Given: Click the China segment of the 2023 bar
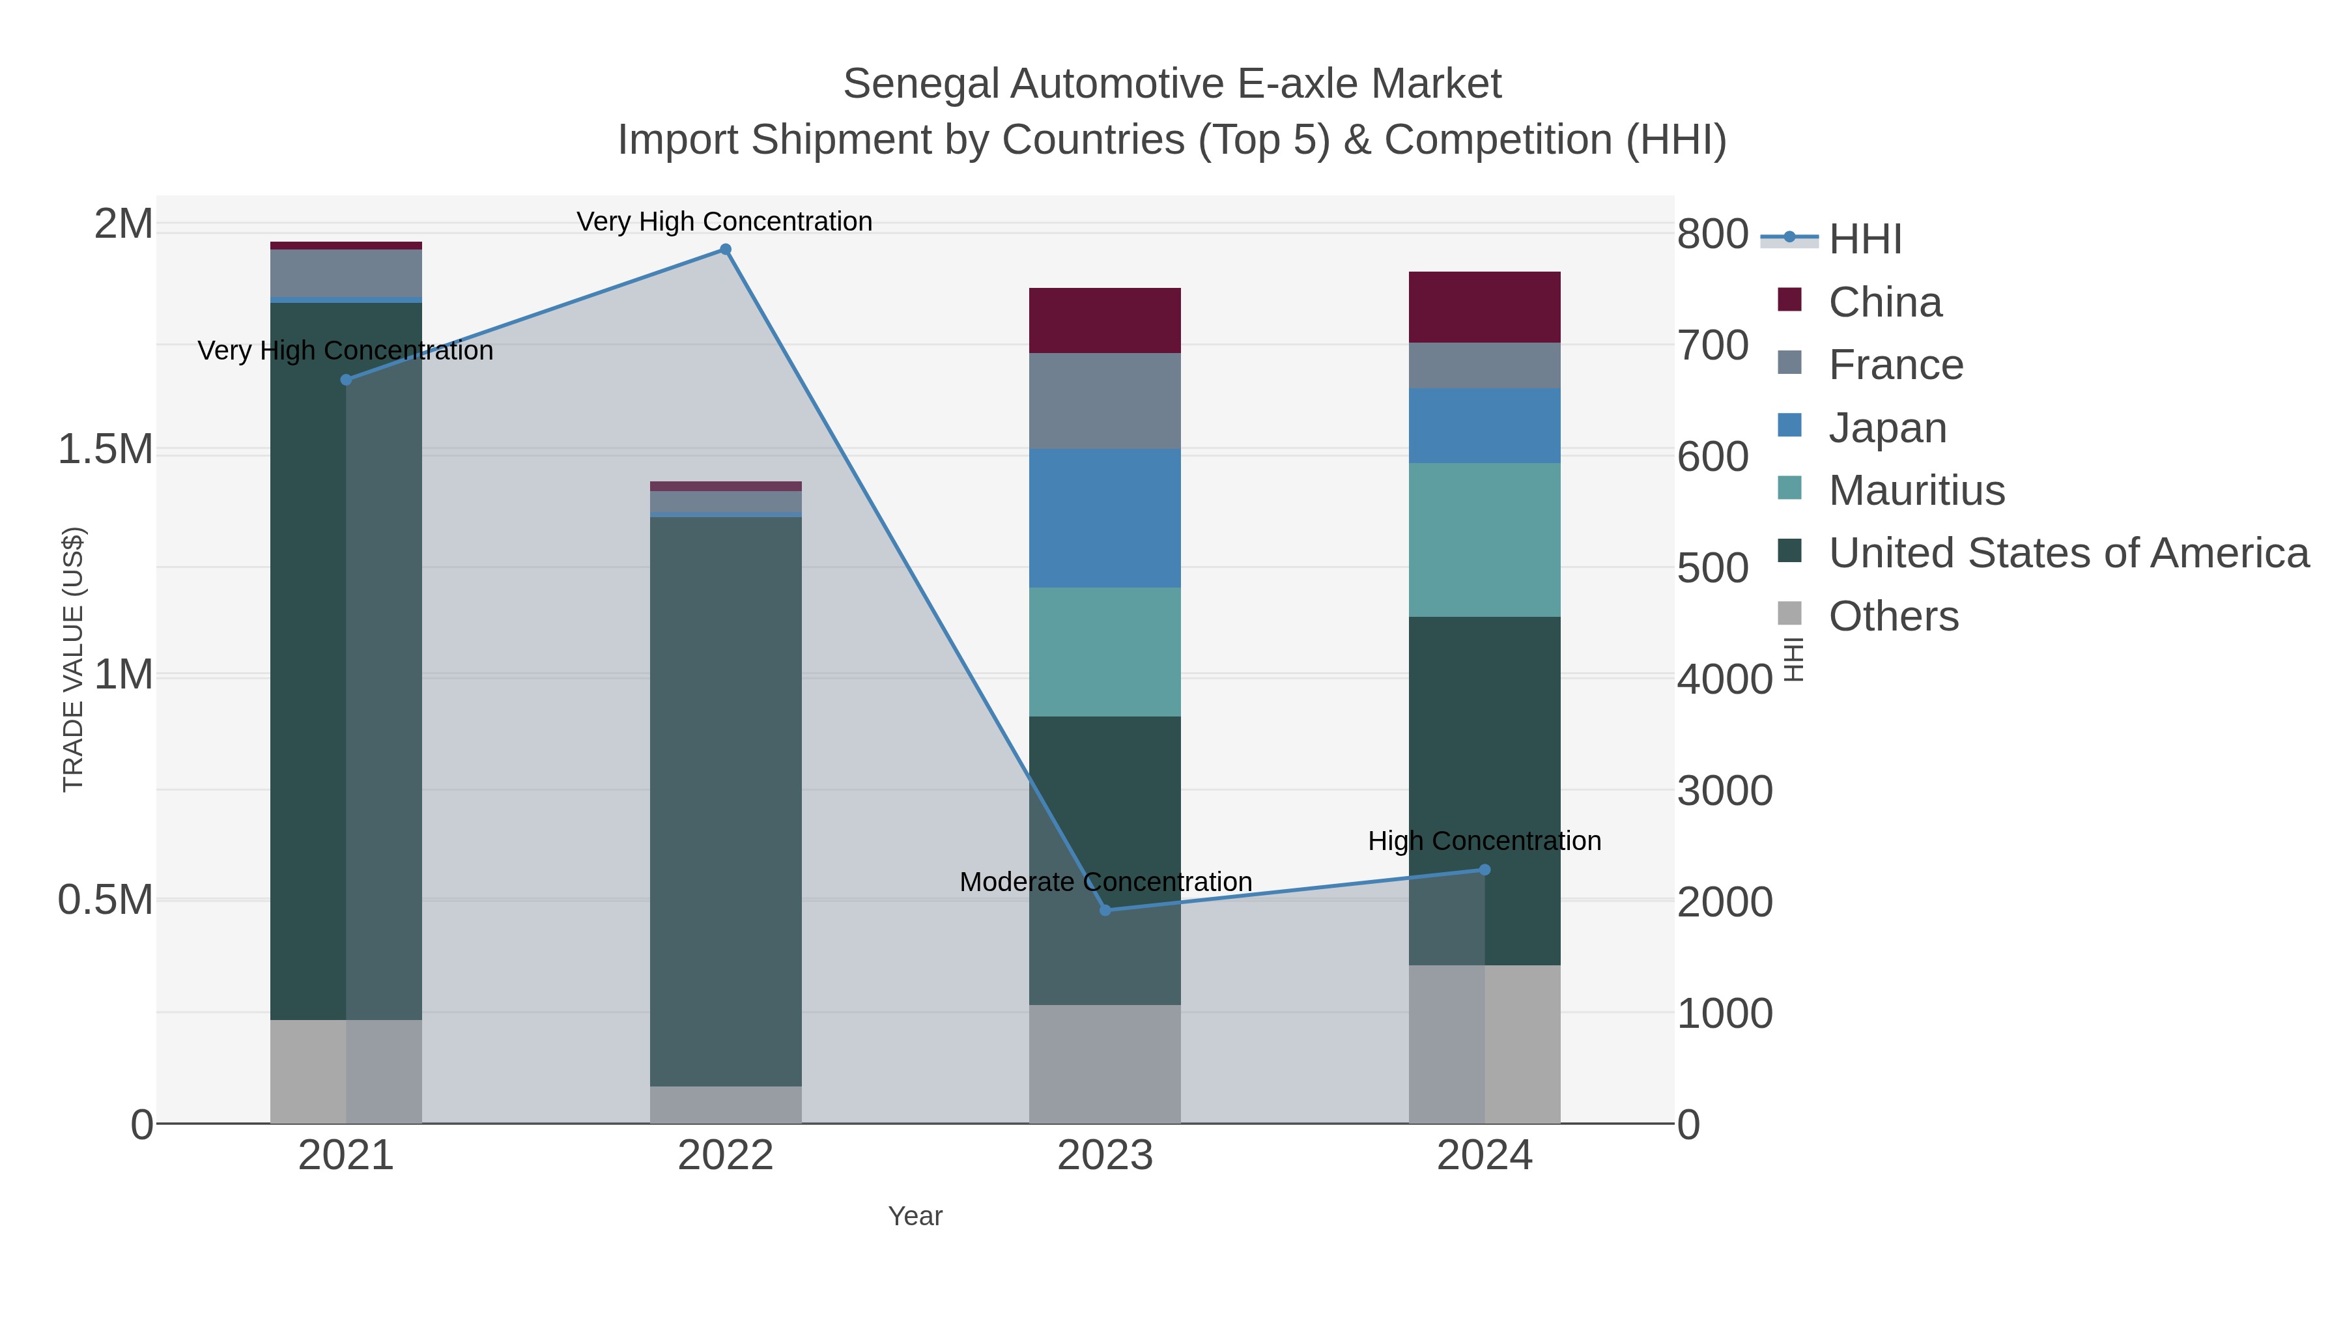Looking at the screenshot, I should (1104, 320).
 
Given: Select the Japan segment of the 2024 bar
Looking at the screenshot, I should (1484, 425).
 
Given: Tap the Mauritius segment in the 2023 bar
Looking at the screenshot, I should (1104, 652).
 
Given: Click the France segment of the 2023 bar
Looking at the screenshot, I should (1104, 401).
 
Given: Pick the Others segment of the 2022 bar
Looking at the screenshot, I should (726, 1104).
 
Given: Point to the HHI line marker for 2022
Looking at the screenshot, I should (726, 249).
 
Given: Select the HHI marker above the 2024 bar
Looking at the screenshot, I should (1485, 870).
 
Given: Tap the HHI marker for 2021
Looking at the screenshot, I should (346, 380).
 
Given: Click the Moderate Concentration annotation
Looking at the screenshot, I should (1105, 882).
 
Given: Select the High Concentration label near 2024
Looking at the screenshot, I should (1484, 841).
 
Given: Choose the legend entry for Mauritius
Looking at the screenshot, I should (1916, 490).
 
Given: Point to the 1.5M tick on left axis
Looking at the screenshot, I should (106, 449).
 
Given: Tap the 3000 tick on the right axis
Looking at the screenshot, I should (1724, 791).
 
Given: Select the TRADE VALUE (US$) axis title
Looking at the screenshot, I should (73, 659).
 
